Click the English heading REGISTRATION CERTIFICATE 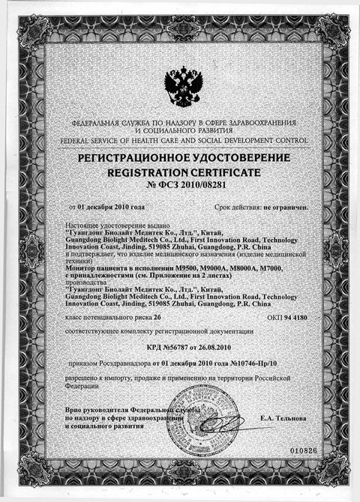(180, 171)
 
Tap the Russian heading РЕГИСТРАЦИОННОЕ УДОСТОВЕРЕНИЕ (180, 159)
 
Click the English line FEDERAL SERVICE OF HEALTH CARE (180, 139)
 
